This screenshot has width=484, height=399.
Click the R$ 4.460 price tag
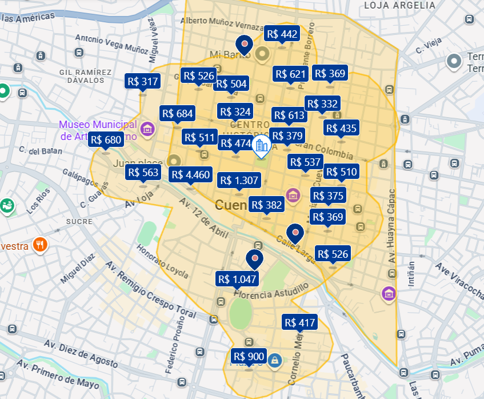click(x=190, y=175)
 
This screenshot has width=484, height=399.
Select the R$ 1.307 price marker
click(x=239, y=181)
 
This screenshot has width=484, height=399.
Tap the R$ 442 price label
click(x=282, y=34)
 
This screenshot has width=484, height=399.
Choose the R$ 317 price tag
click(x=142, y=81)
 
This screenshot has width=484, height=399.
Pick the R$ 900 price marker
click(x=249, y=357)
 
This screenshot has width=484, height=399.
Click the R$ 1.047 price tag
click(x=237, y=279)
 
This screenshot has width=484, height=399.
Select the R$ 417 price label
click(x=299, y=323)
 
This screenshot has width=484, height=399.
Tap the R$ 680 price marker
click(x=106, y=140)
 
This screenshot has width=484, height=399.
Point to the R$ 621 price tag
click(x=291, y=74)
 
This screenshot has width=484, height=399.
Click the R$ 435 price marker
click(x=341, y=128)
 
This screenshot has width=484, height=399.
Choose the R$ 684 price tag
click(x=177, y=113)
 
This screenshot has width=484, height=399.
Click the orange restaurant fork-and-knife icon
click(x=39, y=245)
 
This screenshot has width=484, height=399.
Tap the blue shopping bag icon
click(x=275, y=360)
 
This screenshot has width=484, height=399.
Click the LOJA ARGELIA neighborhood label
click(x=399, y=5)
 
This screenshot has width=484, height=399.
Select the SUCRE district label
click(x=79, y=221)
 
